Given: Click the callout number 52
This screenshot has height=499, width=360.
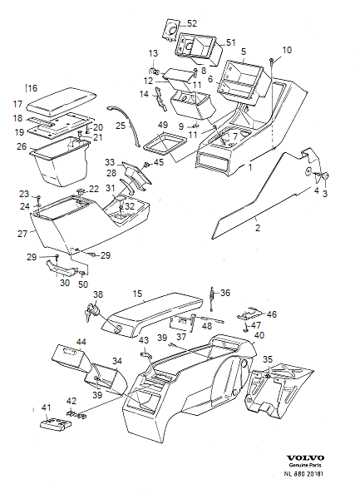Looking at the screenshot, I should (192, 23).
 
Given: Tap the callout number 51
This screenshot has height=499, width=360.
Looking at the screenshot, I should (231, 42).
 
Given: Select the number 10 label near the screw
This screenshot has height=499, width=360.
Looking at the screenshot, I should (287, 51).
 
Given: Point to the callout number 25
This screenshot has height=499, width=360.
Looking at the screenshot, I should (121, 126).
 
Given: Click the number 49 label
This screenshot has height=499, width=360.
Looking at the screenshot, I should (162, 125).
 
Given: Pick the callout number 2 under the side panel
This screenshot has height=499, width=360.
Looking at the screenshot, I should (257, 227).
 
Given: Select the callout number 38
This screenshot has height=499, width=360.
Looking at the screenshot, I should (98, 294).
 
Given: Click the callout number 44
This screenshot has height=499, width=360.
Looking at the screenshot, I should (81, 342).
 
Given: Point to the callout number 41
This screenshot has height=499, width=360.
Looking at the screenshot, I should (46, 408).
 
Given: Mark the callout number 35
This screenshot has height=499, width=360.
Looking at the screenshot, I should (267, 359).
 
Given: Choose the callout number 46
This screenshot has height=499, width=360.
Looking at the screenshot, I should (271, 315).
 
